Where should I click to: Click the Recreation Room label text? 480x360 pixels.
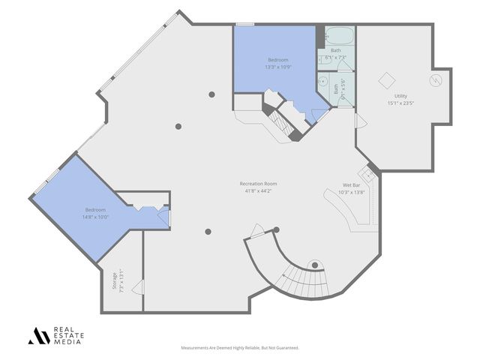click(x=259, y=184)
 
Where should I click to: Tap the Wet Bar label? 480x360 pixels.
click(x=353, y=184)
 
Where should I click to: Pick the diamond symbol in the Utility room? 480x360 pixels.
click(x=386, y=79)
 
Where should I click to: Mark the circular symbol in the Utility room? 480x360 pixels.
click(x=434, y=79)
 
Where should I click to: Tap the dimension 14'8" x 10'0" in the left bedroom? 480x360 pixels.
click(x=95, y=216)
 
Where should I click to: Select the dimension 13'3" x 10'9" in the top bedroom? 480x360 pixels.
click(x=278, y=66)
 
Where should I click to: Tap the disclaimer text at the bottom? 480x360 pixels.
click(x=240, y=348)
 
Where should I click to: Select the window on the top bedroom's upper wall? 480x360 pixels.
click(x=244, y=25)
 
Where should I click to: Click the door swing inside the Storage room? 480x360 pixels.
click(x=136, y=286)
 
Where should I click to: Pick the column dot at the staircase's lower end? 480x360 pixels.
click(x=316, y=263)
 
